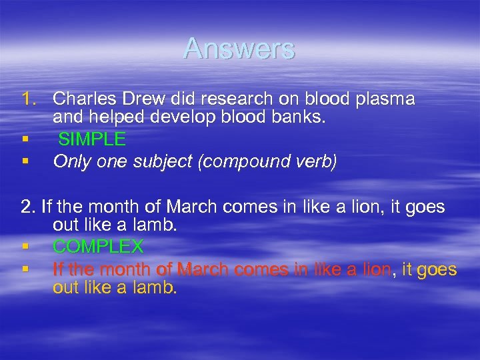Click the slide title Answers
tap(239, 49)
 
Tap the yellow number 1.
tap(29, 99)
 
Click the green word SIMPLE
tap(92, 139)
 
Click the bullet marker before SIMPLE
tap(25, 140)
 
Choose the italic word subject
tap(152, 161)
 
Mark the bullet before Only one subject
tap(25, 162)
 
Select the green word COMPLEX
tap(98, 247)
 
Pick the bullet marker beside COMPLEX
tap(25, 247)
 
